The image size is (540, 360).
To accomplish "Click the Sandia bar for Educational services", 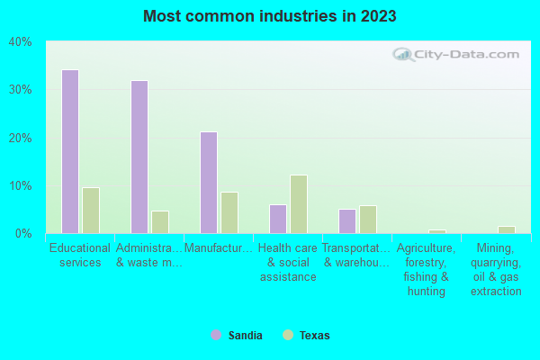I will [69, 152].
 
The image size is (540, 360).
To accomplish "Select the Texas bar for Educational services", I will [91, 211].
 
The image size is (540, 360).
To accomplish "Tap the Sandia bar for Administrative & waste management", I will [139, 157].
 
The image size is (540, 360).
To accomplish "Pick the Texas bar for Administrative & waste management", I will [160, 222].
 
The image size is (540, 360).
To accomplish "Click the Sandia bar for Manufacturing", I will [209, 183].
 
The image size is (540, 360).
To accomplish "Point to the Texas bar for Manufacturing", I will [229, 213].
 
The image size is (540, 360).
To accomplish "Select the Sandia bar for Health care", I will [278, 219].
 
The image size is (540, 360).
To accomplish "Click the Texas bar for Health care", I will [299, 204].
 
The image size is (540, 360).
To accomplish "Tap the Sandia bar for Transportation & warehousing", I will [347, 221].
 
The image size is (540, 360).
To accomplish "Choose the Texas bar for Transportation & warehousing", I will [368, 220].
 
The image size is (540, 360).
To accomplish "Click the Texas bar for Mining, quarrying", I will [507, 229].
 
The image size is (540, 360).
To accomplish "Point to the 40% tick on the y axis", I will [20, 42].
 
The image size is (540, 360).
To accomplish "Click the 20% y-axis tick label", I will [20, 138].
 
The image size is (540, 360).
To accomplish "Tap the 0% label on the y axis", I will [22, 234].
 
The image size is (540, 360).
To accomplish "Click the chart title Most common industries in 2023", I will [269, 16].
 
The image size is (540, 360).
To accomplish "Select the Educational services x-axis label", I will [80, 255].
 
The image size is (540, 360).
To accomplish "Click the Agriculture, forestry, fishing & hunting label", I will [427, 269].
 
